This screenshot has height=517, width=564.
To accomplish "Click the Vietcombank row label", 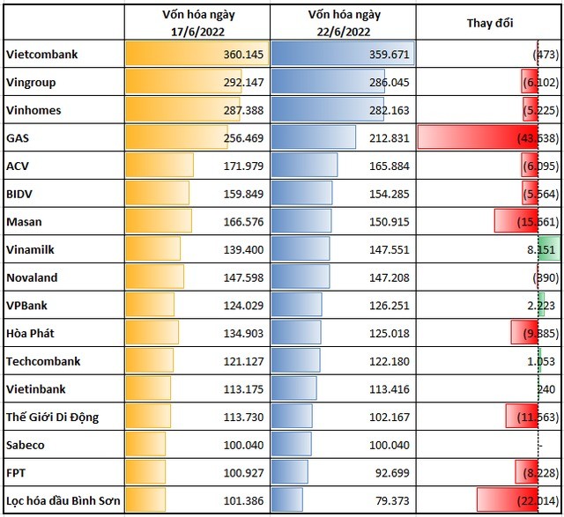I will pos(42,55).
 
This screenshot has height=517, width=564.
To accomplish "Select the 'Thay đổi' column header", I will pos(490,23).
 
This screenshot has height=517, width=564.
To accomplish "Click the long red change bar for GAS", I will pos(477,138).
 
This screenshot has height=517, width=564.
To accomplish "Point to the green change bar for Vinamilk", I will pos(547,250).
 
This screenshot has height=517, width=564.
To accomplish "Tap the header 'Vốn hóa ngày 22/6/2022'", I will pos(345,23).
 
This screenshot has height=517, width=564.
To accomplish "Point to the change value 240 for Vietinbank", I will pos(546,389).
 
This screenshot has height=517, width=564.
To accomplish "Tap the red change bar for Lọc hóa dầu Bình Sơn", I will pos(507,501).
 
